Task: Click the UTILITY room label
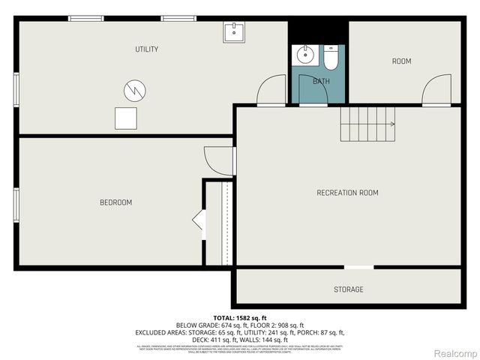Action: [146, 49]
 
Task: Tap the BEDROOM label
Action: [116, 202]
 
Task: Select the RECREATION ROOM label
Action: [347, 193]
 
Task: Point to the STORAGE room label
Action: [348, 289]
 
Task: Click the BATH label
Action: [321, 81]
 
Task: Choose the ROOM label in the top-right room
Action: [401, 61]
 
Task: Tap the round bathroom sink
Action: [305, 55]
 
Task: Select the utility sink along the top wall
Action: [233, 31]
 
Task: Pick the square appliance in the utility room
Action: [126, 118]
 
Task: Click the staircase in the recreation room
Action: [367, 124]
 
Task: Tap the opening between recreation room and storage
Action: [358, 267]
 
